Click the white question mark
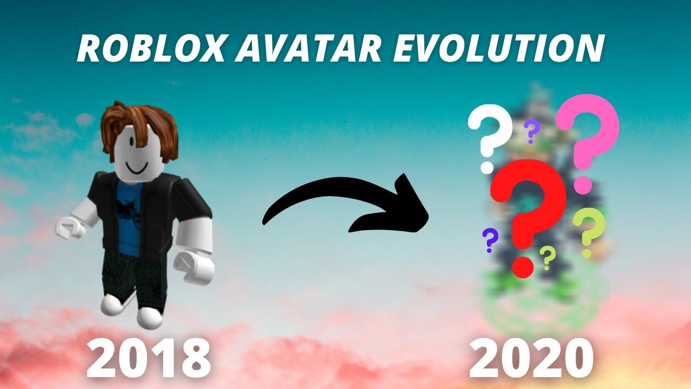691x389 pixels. (x=490, y=132)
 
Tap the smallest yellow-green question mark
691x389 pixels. (x=547, y=257)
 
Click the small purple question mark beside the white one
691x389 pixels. (x=532, y=131)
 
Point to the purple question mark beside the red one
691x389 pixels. (x=490, y=239)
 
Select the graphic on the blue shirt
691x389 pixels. (x=128, y=208)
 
